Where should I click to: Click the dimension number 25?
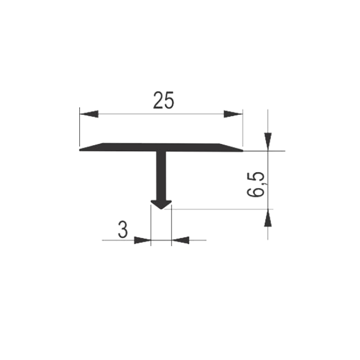pyautogui.click(x=164, y=100)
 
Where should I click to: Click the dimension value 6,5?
pyautogui.click(x=256, y=184)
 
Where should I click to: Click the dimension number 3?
pyautogui.click(x=122, y=230)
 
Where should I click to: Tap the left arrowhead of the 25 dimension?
pyautogui.click(x=89, y=114)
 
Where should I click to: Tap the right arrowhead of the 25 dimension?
pyautogui.click(x=233, y=114)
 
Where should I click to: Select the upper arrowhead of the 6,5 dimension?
pyautogui.click(x=268, y=141)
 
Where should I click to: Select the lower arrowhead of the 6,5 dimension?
pyautogui.click(x=268, y=218)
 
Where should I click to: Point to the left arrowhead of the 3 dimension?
pyautogui.click(x=142, y=240)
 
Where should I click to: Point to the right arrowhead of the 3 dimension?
pyautogui.click(x=180, y=240)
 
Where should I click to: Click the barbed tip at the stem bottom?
pyautogui.click(x=161, y=205)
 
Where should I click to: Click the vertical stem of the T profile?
pyautogui.click(x=161, y=176)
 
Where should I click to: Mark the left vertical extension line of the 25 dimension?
pyautogui.click(x=79, y=127)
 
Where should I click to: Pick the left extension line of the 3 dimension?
pyautogui.click(x=151, y=225)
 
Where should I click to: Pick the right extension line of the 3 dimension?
pyautogui.click(x=171, y=225)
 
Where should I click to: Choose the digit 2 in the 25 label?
pyautogui.click(x=158, y=100)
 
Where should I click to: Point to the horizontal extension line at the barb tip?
pyautogui.click(x=219, y=209)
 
